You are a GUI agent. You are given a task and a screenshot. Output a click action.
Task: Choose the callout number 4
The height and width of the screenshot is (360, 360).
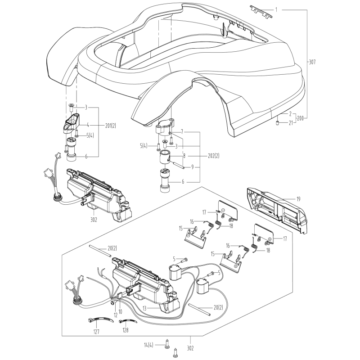click(x=88, y=125)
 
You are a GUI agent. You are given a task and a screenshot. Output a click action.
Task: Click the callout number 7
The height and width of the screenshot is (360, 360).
click(x=182, y=132)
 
